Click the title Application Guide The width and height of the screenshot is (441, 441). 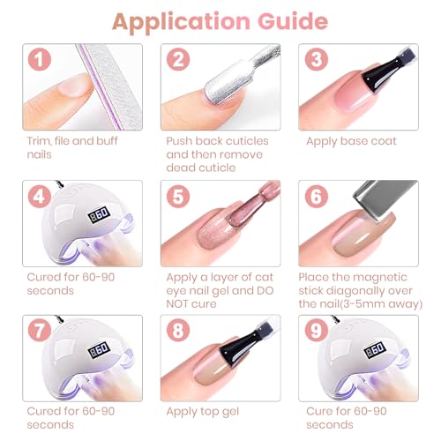(220, 21)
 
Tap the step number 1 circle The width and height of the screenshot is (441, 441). (37, 61)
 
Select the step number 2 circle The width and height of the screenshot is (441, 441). (179, 61)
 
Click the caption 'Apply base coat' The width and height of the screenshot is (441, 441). (351, 141)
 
